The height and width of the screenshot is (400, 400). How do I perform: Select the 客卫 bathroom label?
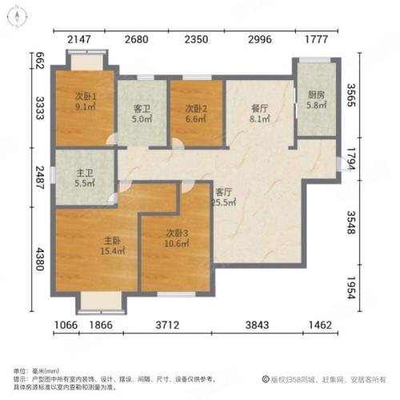(142, 110)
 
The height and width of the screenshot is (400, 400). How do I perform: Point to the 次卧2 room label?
(196, 110)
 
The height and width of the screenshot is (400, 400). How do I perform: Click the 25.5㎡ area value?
(224, 202)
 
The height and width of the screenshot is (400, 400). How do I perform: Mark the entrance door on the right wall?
(346, 164)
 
